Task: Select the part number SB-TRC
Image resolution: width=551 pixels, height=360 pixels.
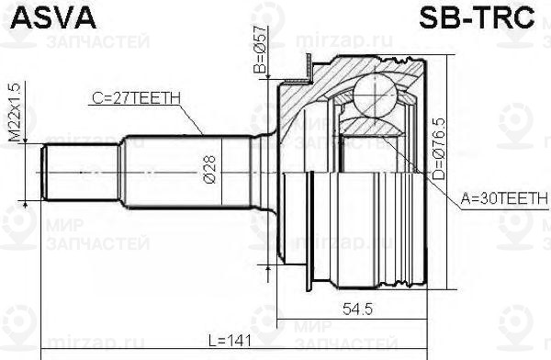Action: [483, 18]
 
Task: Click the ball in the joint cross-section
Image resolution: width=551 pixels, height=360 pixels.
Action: [372, 92]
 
